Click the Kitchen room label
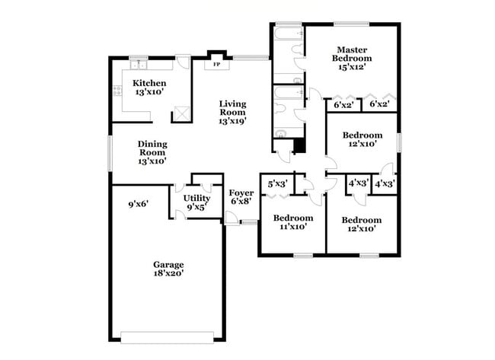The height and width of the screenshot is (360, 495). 149,83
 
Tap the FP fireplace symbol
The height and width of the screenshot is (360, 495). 217,65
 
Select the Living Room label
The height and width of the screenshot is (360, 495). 233,111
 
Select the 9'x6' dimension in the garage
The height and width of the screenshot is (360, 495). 138,203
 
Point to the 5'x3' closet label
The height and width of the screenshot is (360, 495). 278,183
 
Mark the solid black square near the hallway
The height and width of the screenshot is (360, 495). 300,145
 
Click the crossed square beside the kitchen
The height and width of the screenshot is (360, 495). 181,113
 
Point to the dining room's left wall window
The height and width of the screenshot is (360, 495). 110,153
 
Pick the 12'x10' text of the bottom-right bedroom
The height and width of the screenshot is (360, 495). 362,229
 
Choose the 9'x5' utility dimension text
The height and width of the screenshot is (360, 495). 196,206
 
